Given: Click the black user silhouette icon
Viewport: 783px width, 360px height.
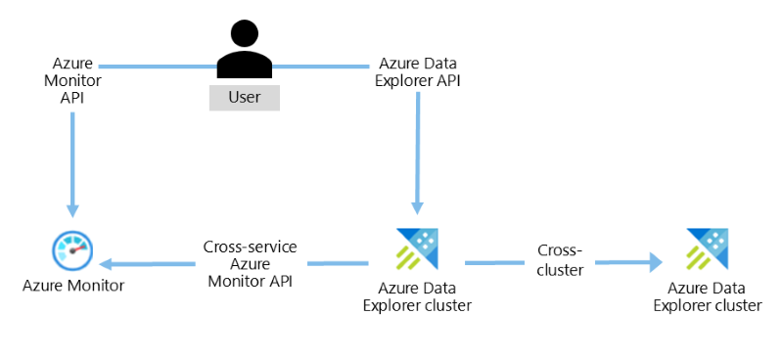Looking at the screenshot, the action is click(x=245, y=50).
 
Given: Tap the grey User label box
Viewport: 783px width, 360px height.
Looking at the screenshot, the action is click(x=245, y=98).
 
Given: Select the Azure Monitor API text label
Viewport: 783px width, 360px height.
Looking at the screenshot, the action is click(x=72, y=81).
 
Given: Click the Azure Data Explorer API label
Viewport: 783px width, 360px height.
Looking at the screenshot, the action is click(x=418, y=72).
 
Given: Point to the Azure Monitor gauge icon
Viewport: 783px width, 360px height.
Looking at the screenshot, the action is click(x=72, y=249).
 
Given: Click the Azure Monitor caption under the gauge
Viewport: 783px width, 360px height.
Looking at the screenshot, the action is click(x=73, y=286).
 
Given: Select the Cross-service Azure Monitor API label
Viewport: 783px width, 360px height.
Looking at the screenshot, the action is click(x=251, y=264).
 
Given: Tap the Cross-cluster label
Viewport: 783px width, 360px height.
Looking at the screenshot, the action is click(x=560, y=260).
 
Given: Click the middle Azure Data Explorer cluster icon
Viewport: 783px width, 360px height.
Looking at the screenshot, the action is click(x=418, y=248).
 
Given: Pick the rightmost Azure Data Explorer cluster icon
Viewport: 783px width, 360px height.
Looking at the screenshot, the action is click(x=708, y=248).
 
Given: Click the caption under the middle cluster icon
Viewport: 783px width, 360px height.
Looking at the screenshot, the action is click(x=418, y=296).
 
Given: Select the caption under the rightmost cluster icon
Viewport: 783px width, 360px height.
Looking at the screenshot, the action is click(x=708, y=296).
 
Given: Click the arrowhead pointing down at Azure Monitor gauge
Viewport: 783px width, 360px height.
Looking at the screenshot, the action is click(x=72, y=209).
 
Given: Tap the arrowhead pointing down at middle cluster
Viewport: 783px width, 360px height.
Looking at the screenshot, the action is click(x=418, y=207).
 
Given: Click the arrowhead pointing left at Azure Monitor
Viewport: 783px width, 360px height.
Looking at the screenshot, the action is click(x=107, y=263).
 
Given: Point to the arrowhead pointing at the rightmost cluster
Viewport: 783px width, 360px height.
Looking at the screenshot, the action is click(x=656, y=262).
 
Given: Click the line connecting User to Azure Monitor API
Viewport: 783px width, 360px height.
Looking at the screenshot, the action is click(x=158, y=66).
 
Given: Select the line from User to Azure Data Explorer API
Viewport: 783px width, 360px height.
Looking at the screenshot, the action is click(x=321, y=66).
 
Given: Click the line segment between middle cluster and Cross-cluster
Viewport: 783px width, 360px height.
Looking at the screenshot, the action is click(x=495, y=262).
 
